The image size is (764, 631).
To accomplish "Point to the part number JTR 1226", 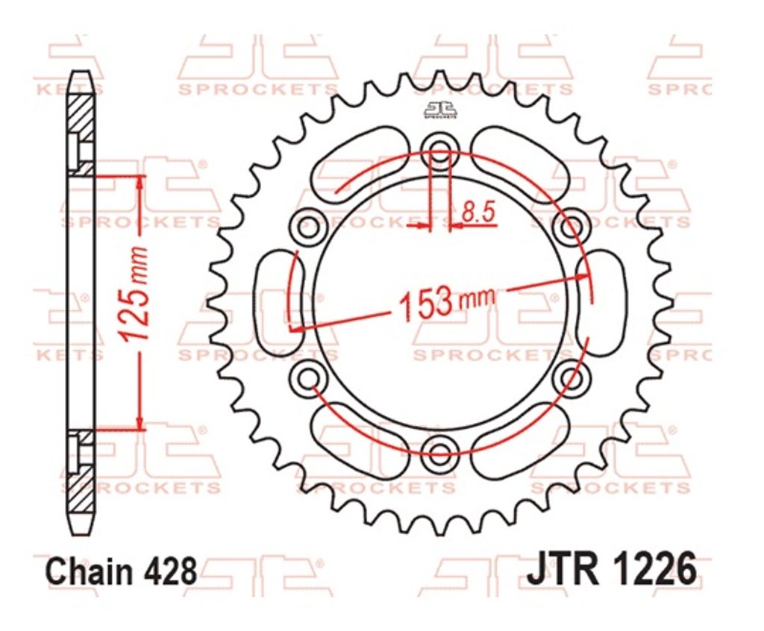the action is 612,568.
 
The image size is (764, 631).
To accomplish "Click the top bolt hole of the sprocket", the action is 440,148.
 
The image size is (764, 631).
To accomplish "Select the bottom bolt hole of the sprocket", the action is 440,450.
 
